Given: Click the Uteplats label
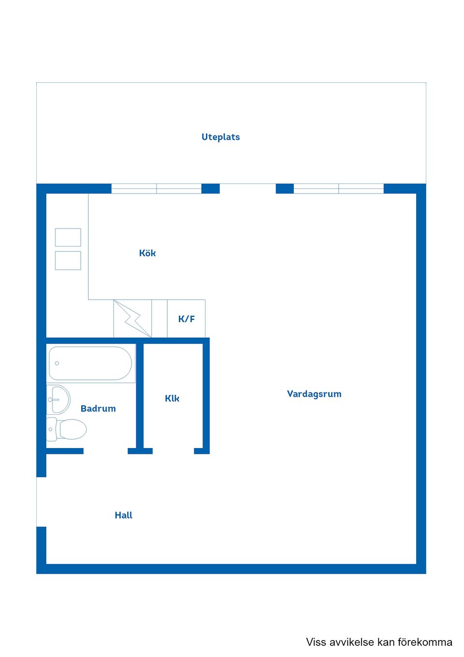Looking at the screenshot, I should click(220, 137).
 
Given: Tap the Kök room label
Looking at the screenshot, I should click(147, 253).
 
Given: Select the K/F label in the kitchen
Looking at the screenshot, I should click(187, 319).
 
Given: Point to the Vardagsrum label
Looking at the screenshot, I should click(314, 394).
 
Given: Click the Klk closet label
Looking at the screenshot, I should click(172, 398).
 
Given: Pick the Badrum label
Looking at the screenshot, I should click(98, 408).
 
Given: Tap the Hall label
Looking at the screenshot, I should click(123, 515).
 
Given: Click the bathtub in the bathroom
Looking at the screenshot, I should click(90, 363).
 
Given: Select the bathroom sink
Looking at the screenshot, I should click(58, 400).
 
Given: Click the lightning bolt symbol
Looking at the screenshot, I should click(132, 318).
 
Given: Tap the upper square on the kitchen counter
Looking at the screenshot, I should click(68, 238).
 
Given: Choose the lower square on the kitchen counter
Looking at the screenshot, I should click(68, 260).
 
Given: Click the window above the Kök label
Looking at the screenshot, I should click(156, 189).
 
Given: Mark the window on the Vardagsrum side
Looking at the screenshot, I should click(338, 189).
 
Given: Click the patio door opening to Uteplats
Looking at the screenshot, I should click(247, 189).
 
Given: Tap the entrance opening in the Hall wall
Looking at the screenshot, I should click(41, 502).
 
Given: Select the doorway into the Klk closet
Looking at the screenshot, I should click(173, 451).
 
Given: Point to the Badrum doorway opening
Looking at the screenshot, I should click(105, 451).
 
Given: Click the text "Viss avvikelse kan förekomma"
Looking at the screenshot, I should click(379, 642).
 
